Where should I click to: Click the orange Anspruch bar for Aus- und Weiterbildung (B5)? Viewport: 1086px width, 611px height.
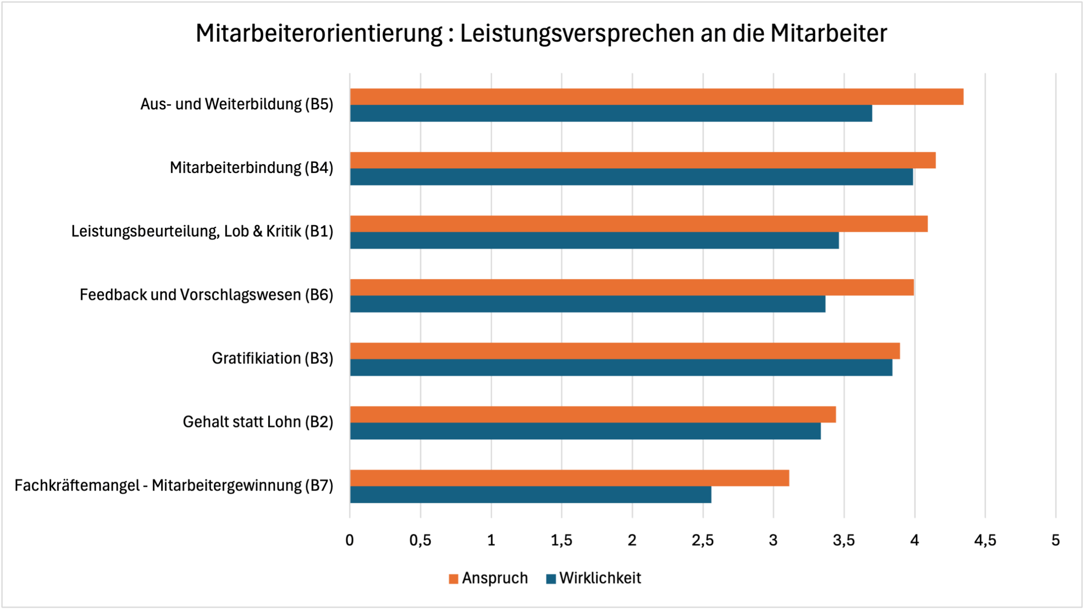[x=657, y=97]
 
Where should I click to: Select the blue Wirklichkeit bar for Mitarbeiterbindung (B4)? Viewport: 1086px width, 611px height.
[x=631, y=177]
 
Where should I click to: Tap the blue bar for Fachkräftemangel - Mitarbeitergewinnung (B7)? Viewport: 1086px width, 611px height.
[x=530, y=495]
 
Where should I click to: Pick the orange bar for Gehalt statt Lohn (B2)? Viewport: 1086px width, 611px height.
[x=593, y=414]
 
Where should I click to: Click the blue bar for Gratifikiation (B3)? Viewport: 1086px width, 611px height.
[x=621, y=368]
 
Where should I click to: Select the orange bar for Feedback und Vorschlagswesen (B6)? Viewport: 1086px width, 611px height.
[x=632, y=287]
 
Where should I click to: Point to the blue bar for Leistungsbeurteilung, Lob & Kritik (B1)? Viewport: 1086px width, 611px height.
[x=594, y=240]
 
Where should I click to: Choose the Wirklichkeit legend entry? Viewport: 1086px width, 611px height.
[x=594, y=578]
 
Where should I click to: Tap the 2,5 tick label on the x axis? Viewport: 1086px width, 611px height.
[x=703, y=540]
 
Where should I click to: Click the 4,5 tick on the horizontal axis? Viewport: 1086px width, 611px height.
[x=985, y=540]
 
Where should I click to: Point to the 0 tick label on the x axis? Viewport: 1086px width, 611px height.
[x=350, y=540]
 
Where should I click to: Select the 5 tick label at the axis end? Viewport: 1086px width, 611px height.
[x=1055, y=540]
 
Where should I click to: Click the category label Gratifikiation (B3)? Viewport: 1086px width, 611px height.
[x=272, y=358]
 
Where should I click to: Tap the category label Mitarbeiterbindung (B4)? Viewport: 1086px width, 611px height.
[x=251, y=167]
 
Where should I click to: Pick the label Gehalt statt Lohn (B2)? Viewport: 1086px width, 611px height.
[x=258, y=422]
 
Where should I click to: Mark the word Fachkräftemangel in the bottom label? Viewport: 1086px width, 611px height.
[x=77, y=485]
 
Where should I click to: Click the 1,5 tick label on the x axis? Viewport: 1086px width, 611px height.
[x=561, y=540]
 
